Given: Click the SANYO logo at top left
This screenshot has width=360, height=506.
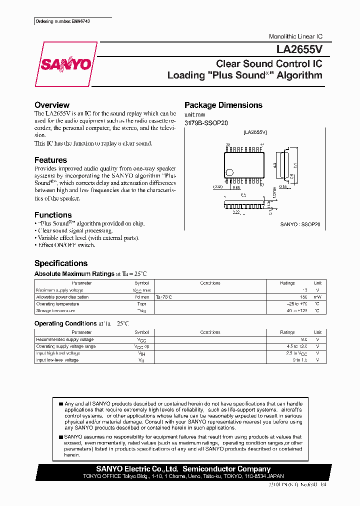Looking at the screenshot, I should pos(65,64).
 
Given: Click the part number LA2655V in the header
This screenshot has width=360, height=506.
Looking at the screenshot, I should pos(299,50).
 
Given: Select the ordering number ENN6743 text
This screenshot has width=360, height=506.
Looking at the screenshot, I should pos(63,22).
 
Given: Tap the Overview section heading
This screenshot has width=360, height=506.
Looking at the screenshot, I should pos(52,105).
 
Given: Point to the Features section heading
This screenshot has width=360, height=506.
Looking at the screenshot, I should pos(50,160).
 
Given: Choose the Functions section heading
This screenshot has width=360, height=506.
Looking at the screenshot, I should pos(53,215).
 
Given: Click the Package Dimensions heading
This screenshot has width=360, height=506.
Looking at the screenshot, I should pos(223,105).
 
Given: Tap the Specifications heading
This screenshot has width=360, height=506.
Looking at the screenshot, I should pos(60,263).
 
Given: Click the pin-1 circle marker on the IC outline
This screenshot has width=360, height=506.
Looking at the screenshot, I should pos(229,172).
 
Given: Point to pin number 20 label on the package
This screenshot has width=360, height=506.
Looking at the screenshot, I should pos(227,145).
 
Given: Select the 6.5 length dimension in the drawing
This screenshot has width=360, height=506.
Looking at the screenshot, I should pos(243,195).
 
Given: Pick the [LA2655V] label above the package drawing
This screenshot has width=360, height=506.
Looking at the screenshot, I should pos(254,132).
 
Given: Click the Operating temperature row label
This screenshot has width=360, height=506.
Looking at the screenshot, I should pos(57,304).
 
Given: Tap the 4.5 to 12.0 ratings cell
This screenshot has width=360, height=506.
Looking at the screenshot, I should pos(297,346).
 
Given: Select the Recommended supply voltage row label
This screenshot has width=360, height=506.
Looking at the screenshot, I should pos(64,339).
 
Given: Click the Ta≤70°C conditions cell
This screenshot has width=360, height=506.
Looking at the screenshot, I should pos(164,297).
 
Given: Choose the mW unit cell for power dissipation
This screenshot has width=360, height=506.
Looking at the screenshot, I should pos(317,297).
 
